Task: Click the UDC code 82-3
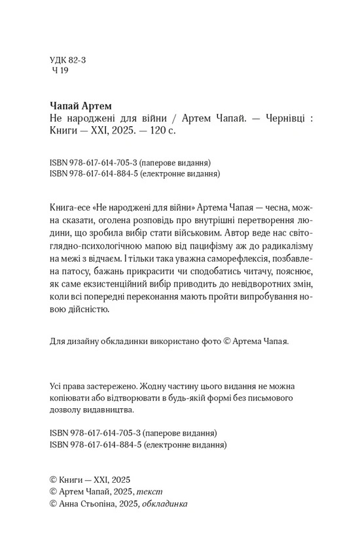coord(77,59)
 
